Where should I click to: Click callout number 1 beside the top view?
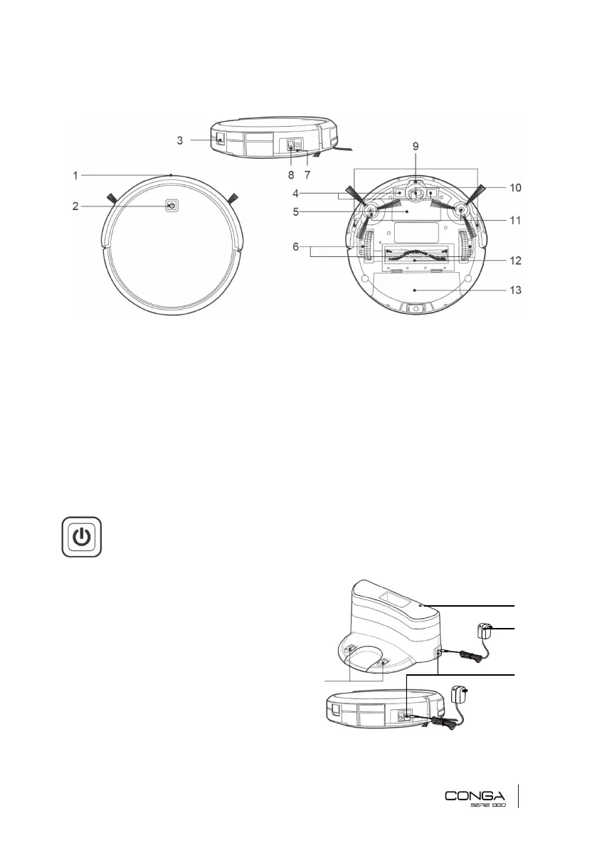75,175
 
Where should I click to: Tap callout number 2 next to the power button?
75,206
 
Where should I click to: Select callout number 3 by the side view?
180,140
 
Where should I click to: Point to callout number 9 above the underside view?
416,146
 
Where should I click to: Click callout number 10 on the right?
515,188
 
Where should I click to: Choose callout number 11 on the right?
515,220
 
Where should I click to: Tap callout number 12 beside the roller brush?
515,261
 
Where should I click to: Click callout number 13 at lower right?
515,290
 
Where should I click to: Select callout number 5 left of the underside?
295,211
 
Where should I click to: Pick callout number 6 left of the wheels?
295,246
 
